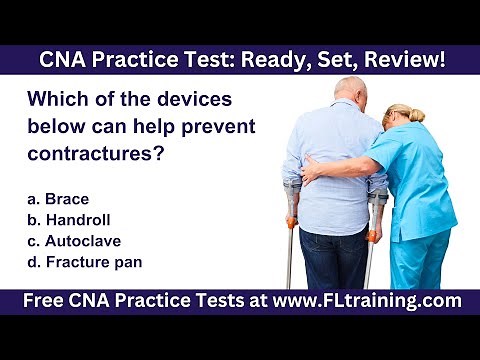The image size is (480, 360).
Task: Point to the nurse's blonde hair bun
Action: tap(414, 114)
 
